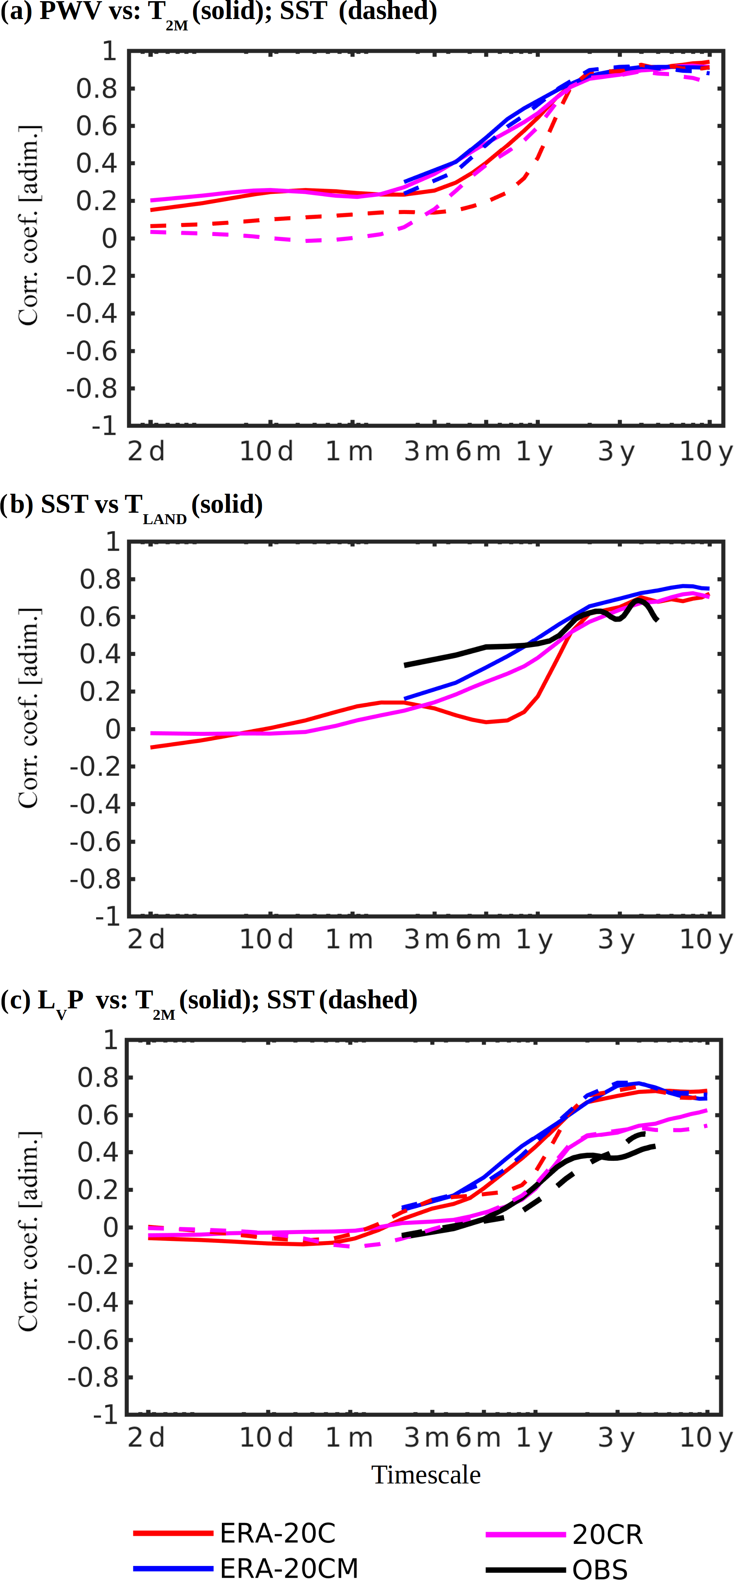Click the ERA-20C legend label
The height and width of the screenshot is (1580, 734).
[x=278, y=1533]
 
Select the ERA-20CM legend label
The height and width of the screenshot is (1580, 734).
[x=289, y=1568]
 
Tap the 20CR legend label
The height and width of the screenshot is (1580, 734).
[x=607, y=1534]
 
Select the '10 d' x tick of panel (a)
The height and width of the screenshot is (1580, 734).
[x=266, y=452]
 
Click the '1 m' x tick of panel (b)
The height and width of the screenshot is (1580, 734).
[x=349, y=940]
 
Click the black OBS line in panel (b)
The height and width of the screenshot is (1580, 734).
[x=484, y=647]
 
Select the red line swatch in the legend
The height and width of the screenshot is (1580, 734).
[x=173, y=1533]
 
